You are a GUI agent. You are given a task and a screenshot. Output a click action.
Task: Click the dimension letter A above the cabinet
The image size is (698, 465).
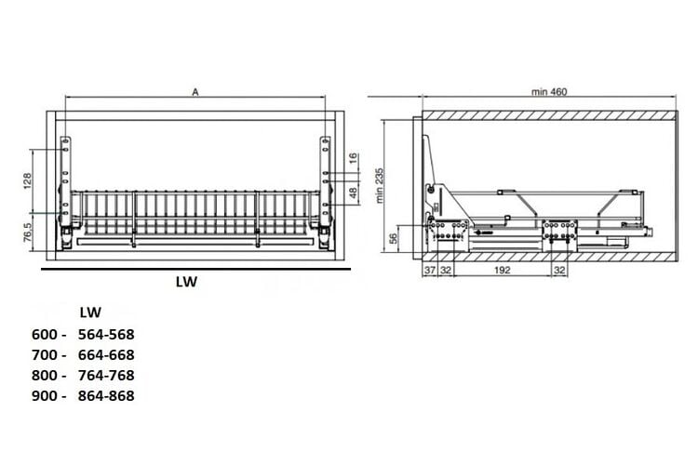[195, 92]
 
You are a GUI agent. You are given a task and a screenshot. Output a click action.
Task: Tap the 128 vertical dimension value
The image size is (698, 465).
[27, 181]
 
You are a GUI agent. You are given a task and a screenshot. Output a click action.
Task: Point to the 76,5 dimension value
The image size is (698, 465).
[27, 232]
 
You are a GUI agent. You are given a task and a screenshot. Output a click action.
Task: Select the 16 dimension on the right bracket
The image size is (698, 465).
[353, 158]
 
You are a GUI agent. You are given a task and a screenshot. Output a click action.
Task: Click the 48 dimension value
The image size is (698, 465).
[353, 193]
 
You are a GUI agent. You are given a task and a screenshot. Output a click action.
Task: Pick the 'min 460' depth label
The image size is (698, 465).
[549, 92]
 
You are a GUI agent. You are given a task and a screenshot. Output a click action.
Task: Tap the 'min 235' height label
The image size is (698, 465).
[380, 186]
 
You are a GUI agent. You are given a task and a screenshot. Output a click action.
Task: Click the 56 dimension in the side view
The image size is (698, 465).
[393, 239]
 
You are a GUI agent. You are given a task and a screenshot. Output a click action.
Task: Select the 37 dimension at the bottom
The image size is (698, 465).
[430, 270]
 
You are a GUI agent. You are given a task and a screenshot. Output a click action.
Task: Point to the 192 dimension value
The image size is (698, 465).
[503, 270]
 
